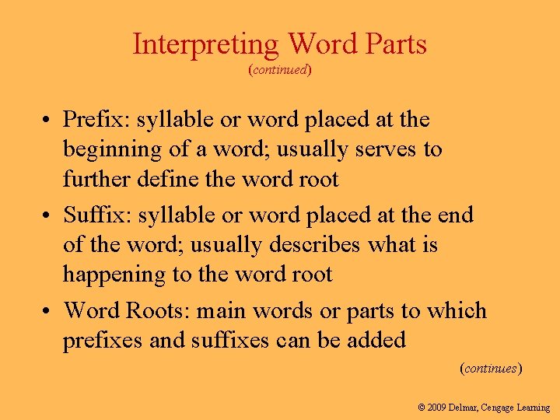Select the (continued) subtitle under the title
[280, 70]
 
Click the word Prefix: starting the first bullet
[95, 120]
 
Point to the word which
[455, 310]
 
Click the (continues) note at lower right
[491, 368]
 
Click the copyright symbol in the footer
[422, 407]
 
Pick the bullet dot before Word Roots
[48, 311]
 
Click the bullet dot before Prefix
[48, 121]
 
